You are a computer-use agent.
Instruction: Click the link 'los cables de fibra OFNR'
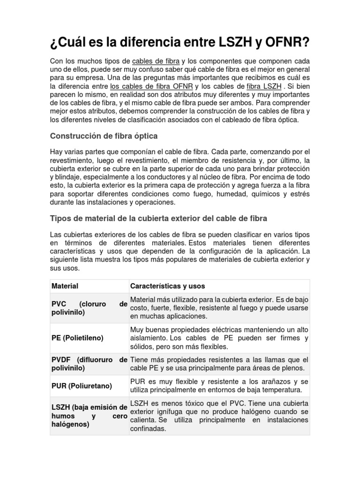pyautogui.click(x=151, y=87)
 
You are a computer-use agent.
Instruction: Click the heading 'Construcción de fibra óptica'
pyautogui.click(x=104, y=136)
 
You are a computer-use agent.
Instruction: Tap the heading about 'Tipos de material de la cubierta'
pyautogui.click(x=158, y=218)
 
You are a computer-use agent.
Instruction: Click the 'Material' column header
pyautogui.click(x=65, y=286)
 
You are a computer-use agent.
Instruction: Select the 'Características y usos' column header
pyautogui.click(x=167, y=286)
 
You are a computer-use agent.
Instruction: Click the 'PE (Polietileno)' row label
pyautogui.click(x=77, y=337)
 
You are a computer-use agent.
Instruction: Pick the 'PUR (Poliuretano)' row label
pyautogui.click(x=82, y=386)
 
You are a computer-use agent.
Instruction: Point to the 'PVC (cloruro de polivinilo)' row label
pyautogui.click(x=89, y=308)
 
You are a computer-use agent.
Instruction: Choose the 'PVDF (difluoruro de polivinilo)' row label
pyautogui.click(x=89, y=364)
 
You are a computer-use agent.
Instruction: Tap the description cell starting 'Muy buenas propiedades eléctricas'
pyautogui.click(x=219, y=337)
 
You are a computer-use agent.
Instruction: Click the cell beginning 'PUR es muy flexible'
pyautogui.click(x=219, y=386)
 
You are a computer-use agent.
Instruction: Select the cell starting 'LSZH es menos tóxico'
pyautogui.click(x=219, y=415)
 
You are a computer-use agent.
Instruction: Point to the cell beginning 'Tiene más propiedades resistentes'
pyautogui.click(x=219, y=364)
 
